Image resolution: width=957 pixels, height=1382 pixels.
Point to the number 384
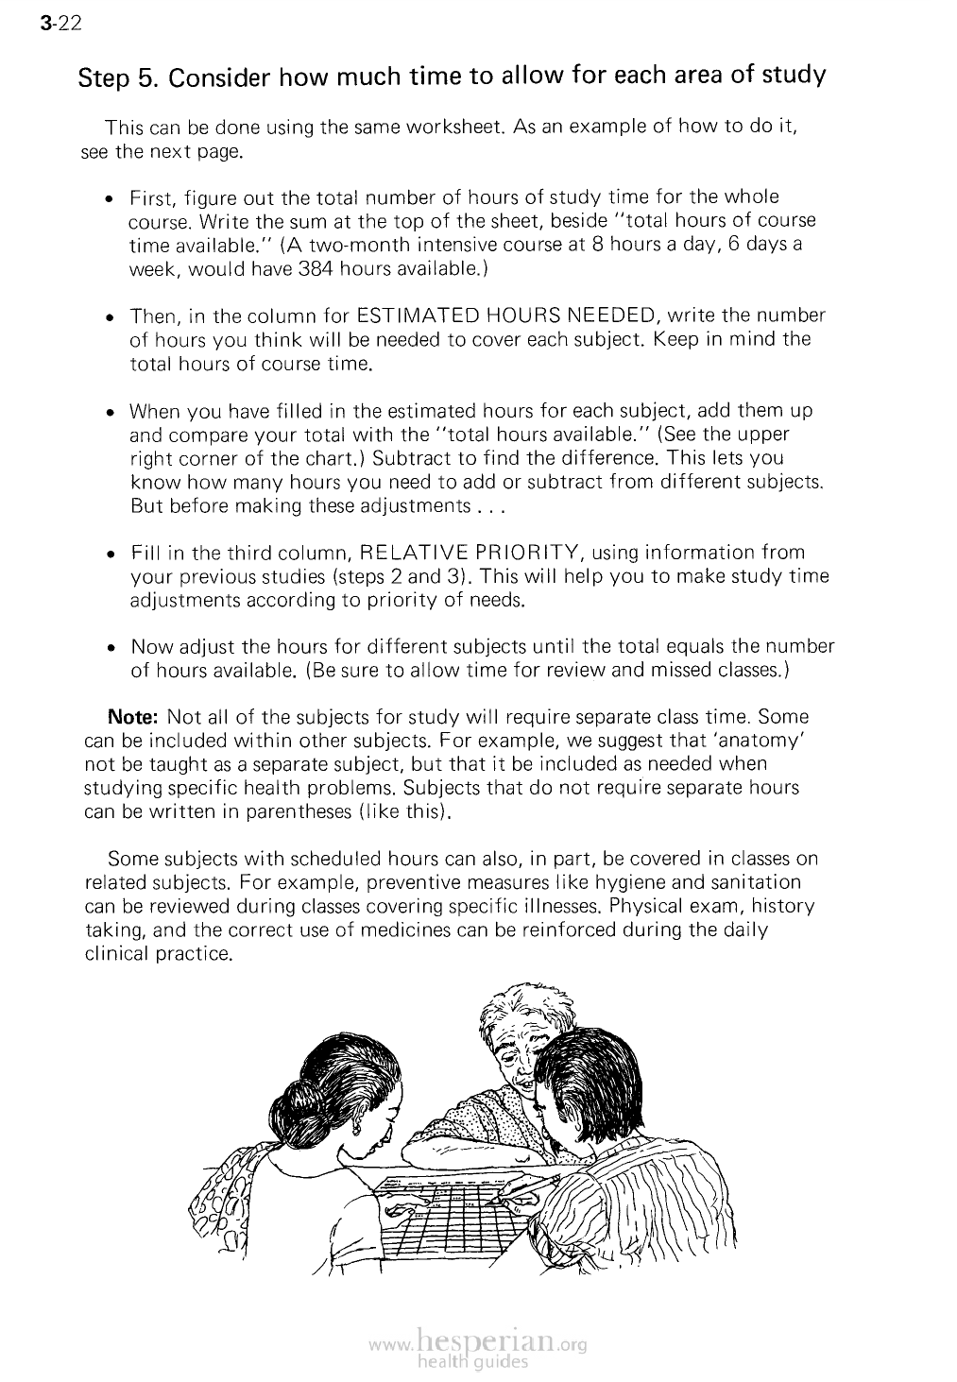click(x=316, y=268)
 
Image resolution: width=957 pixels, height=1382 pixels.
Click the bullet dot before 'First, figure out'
click(x=111, y=199)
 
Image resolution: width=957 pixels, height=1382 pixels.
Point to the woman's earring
click(x=358, y=1127)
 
